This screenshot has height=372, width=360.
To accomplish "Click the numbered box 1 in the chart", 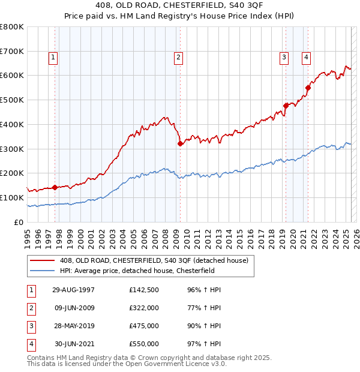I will (x=53, y=58).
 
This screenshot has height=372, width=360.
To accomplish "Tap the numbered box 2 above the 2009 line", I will (x=179, y=58).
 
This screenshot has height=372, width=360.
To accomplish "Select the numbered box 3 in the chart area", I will (x=283, y=58).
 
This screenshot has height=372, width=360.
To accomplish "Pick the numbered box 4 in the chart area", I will (x=306, y=58).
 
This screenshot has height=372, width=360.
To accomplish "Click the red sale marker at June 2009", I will (x=180, y=143).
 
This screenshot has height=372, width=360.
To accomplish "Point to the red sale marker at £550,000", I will (x=308, y=88).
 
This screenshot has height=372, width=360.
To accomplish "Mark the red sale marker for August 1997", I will (x=55, y=187).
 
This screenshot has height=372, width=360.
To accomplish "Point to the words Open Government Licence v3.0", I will (x=176, y=364).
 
